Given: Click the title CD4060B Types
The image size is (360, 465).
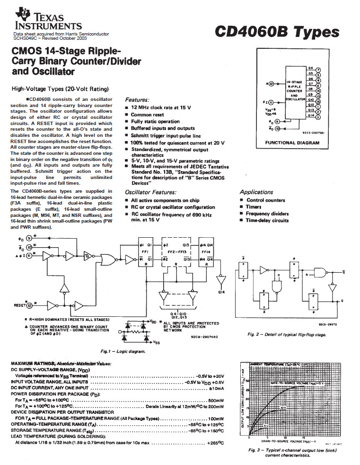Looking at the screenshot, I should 277,32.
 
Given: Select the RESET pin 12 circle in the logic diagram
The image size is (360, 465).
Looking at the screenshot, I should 29,305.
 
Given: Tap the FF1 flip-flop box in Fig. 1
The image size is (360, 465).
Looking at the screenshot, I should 145,255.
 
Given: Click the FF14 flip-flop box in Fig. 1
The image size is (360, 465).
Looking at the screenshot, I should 206,255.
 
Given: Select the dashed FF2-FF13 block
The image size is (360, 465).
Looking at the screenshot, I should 176,255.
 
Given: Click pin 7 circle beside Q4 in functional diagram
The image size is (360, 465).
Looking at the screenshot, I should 318,69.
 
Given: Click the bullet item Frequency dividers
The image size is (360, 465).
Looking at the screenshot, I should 267,214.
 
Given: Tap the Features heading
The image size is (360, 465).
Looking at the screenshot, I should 138,100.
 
